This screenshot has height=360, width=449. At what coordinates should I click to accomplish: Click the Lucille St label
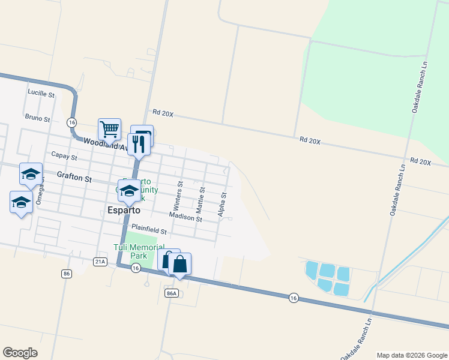(x=41, y=94)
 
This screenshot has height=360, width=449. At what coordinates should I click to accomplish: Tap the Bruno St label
(x=37, y=118)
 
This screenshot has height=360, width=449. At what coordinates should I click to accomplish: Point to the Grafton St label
(x=74, y=178)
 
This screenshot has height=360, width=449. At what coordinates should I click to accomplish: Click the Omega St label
(x=40, y=194)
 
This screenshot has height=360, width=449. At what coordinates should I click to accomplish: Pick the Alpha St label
(x=222, y=204)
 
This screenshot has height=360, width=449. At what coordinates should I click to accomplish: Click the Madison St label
(x=185, y=217)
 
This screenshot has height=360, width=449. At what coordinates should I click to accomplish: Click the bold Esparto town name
(x=123, y=211)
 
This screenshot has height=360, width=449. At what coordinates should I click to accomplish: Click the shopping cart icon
(x=109, y=128)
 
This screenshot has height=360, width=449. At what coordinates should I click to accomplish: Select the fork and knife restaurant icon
(x=137, y=144)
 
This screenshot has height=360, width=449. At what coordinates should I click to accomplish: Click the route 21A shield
(x=100, y=261)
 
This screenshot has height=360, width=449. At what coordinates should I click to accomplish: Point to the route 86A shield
(x=171, y=293)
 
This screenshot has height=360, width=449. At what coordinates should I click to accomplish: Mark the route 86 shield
(x=66, y=274)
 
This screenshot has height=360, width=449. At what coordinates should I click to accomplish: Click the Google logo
(x=20, y=353)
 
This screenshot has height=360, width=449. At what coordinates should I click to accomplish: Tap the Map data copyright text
(x=412, y=355)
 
